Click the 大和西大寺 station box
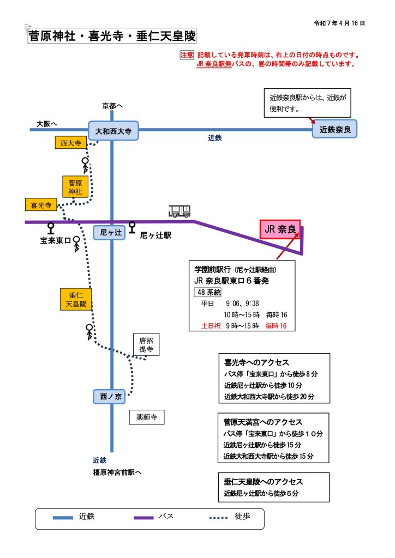click(x=113, y=131)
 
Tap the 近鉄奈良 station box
click(x=334, y=130)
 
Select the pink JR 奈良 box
click(x=280, y=230)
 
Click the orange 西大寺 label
click(x=71, y=143)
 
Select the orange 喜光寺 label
click(x=41, y=205)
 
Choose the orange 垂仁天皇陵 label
click(x=76, y=300)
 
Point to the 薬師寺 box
click(x=146, y=417)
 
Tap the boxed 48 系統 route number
click(x=210, y=292)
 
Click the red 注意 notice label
click(x=187, y=55)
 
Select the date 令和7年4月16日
click(x=339, y=24)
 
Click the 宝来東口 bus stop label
click(x=55, y=240)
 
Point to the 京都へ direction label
click(x=112, y=105)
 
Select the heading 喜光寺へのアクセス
click(x=256, y=362)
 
